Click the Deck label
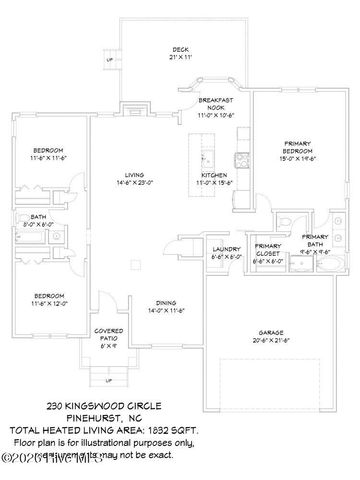[180, 51]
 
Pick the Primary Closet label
[267, 251]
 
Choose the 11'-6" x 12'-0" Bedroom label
[47, 300]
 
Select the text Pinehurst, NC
[180, 419]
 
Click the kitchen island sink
[203, 159]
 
